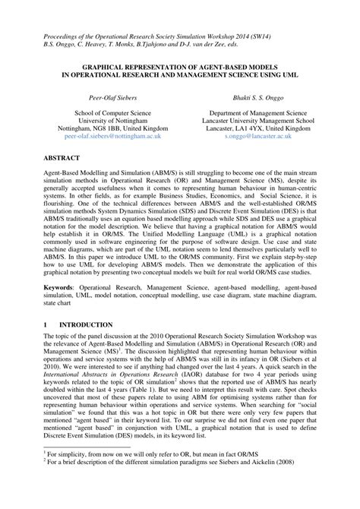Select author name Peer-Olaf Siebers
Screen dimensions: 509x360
coord(104,98)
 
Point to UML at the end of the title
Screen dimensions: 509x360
coord(290,76)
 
